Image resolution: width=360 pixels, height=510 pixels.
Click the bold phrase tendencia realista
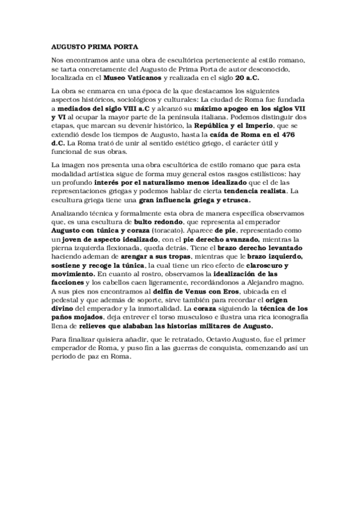point(255,191)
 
